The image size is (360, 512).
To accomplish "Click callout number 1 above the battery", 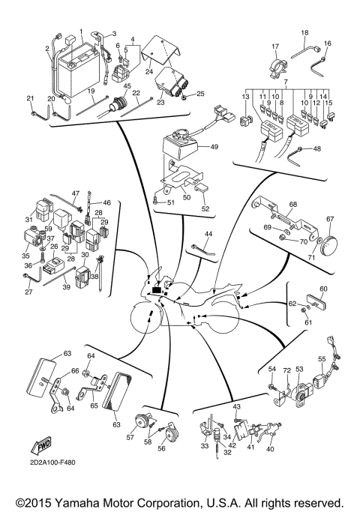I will (x=79, y=32).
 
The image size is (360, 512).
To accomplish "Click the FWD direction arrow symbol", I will (x=44, y=448).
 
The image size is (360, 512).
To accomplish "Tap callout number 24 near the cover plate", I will (x=148, y=73).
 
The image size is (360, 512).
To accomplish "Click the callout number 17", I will (x=275, y=46).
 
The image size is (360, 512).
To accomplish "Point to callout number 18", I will (x=304, y=34).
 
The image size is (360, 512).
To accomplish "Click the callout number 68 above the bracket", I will (x=294, y=205).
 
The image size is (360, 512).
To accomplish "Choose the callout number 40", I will (x=269, y=450).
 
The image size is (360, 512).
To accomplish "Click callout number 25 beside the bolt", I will (x=199, y=94).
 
